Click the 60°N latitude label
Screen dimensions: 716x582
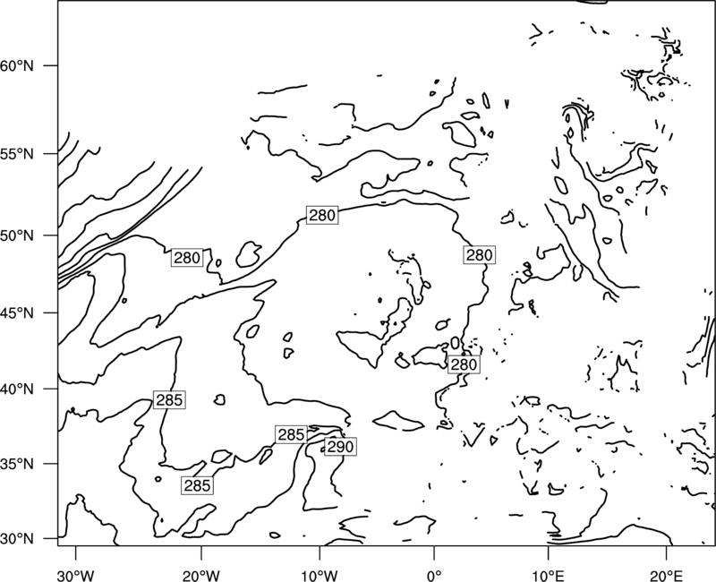point(17,65)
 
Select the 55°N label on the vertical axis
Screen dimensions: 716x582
point(17,154)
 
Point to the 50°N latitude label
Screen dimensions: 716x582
point(17,235)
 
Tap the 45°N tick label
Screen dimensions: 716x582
point(17,312)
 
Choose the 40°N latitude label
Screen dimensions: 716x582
point(17,389)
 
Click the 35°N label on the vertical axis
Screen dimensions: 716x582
point(17,464)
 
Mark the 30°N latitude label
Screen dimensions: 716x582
point(17,539)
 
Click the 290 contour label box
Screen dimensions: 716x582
point(341,446)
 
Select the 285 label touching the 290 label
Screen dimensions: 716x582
point(292,434)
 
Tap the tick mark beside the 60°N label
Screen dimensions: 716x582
point(51,65)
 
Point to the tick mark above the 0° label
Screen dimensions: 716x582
point(434,552)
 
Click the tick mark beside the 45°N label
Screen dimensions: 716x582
point(51,312)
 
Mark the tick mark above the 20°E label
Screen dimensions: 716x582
point(666,552)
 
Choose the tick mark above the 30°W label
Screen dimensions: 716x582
point(76,552)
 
